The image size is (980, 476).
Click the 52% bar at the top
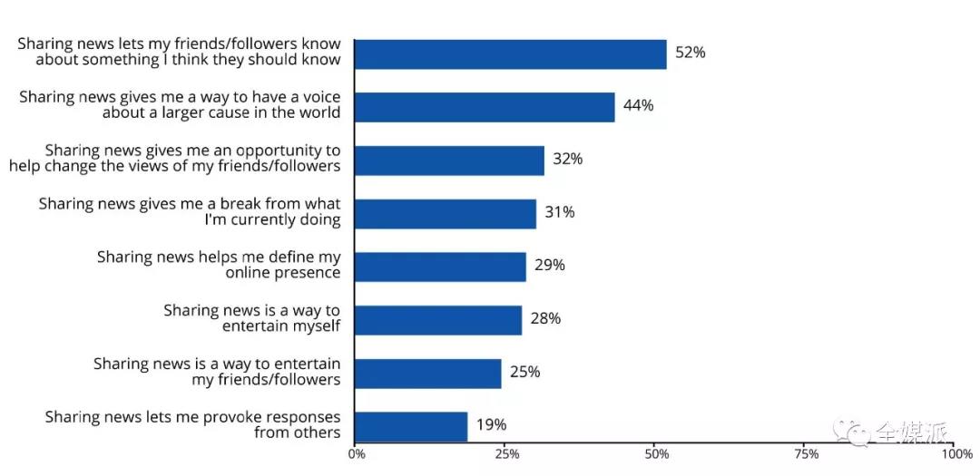pyautogui.click(x=511, y=54)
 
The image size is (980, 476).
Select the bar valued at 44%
pyautogui.click(x=485, y=108)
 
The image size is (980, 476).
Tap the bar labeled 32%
pyautogui.click(x=449, y=160)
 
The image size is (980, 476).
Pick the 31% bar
pyautogui.click(x=445, y=214)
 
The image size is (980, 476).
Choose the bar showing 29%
pyautogui.click(x=440, y=267)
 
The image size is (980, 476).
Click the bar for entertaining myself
pyautogui.click(x=438, y=320)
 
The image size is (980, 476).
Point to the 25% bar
pyautogui.click(x=428, y=374)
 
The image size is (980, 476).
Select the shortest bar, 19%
pyautogui.click(x=411, y=427)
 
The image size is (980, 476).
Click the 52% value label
pyautogui.click(x=690, y=53)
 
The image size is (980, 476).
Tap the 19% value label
pyautogui.click(x=491, y=425)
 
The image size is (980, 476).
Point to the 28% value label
pyautogui.click(x=545, y=319)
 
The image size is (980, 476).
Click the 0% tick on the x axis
pyautogui.click(x=357, y=455)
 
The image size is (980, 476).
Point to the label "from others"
pyautogui.click(x=298, y=432)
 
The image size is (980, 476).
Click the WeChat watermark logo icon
pyautogui.click(x=854, y=432)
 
